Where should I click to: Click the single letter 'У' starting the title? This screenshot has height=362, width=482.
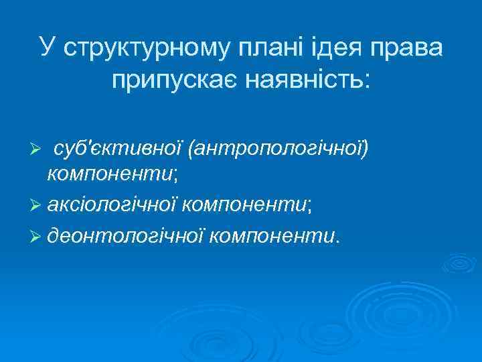47,48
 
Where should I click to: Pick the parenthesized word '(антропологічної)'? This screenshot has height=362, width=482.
278,147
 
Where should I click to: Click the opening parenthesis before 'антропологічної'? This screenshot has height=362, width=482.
191,147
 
